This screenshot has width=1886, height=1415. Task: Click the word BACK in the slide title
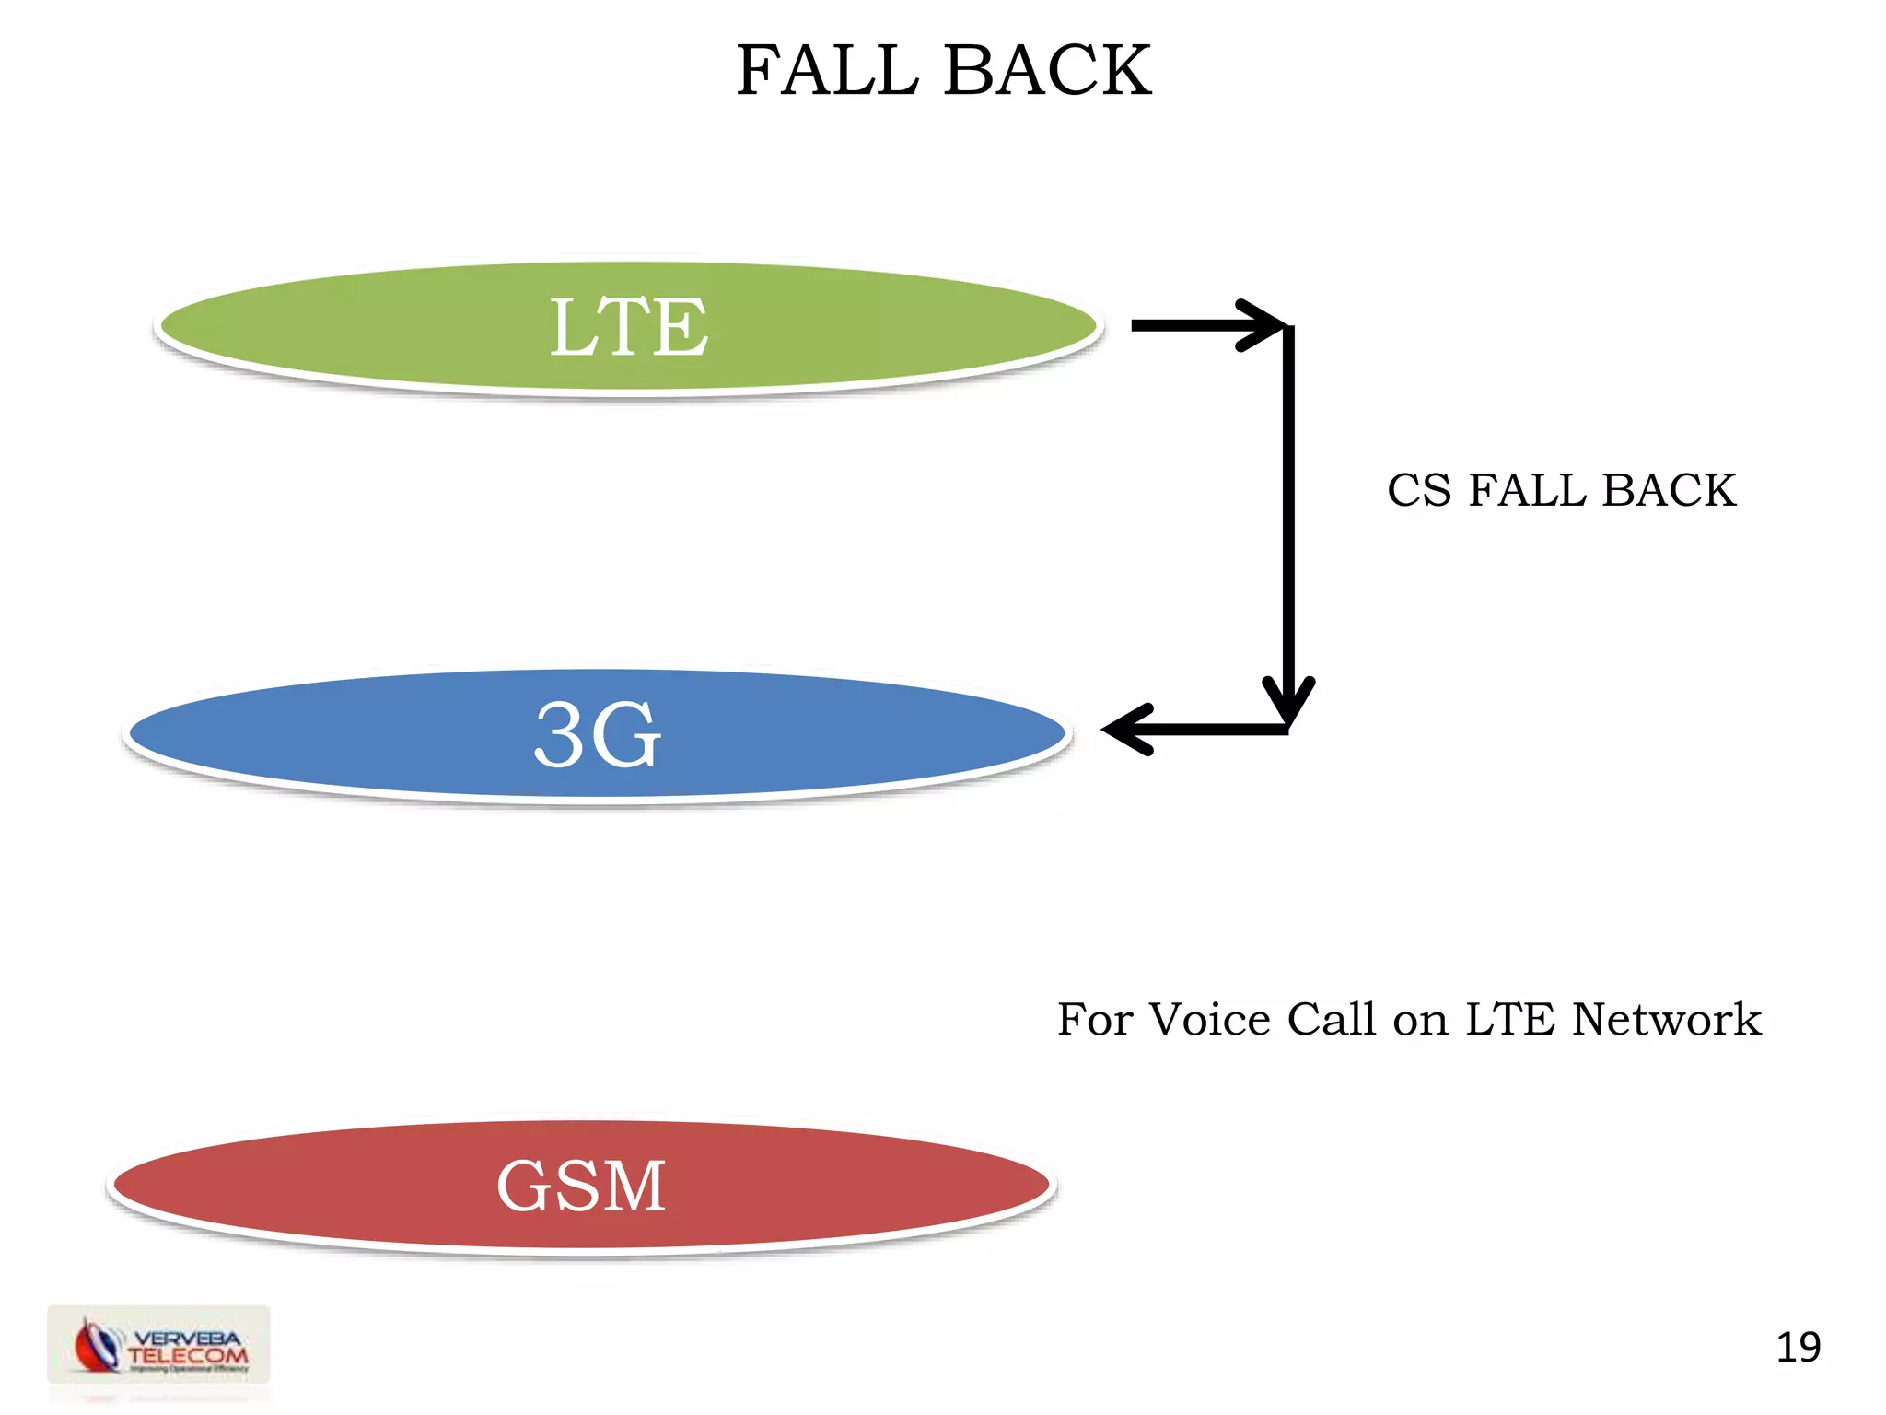pos(1047,71)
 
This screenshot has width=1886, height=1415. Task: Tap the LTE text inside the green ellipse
pos(629,327)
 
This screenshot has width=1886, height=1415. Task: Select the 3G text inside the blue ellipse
pos(598,735)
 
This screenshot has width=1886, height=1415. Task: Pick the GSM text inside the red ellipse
pos(581,1186)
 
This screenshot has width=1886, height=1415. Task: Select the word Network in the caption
pos(1666,1020)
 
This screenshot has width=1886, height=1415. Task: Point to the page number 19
pos(1798,1348)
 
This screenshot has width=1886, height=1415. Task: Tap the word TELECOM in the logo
pos(188,1355)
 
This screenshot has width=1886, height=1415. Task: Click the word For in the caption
pos(1095,1020)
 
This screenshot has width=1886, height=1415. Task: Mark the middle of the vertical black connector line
pos(1288,525)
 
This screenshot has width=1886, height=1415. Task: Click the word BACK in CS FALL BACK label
pos(1669,490)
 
